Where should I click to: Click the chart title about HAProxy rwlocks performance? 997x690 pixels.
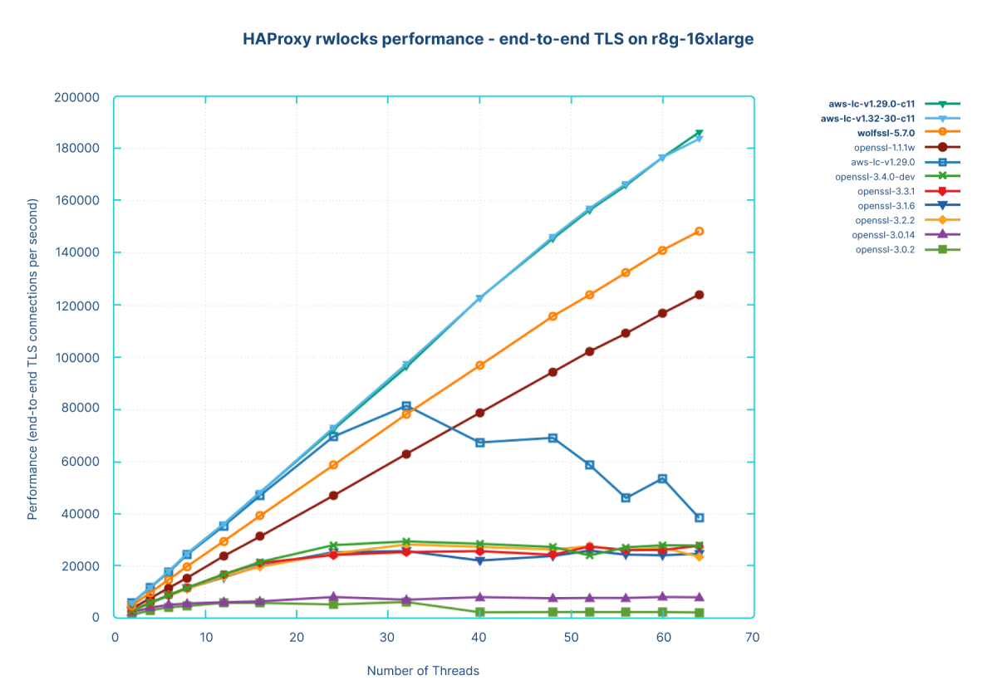pos(498,39)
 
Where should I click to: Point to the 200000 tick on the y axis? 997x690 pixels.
pos(76,97)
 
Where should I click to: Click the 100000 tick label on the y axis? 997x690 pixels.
pos(76,357)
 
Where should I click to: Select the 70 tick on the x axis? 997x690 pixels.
pos(752,637)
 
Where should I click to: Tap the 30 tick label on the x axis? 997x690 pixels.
pos(387,637)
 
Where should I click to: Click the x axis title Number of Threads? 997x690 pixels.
pos(423,670)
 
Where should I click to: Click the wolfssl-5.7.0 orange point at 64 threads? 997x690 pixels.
pos(700,231)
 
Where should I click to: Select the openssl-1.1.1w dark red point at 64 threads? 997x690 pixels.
pos(700,295)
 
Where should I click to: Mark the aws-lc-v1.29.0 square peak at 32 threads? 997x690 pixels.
pos(406,406)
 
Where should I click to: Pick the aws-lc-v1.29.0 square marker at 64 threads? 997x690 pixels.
pos(700,517)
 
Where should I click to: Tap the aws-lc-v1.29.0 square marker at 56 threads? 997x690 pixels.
pos(626,497)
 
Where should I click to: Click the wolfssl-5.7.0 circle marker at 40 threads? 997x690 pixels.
pos(479,365)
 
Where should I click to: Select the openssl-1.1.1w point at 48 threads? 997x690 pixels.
pos(553,372)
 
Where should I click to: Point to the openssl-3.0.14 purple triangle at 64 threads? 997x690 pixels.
pos(700,597)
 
